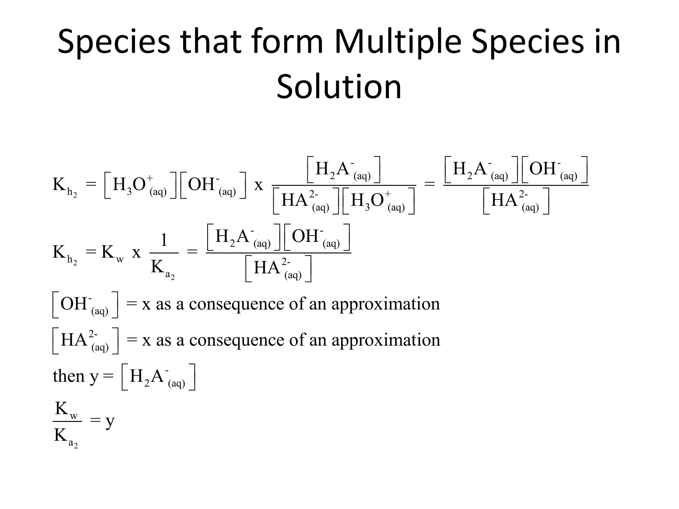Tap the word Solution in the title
tap(339, 87)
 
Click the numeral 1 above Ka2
tap(164, 239)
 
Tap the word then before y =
tap(69, 376)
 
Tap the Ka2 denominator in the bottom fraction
tap(66, 437)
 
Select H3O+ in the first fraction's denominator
tap(378, 201)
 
